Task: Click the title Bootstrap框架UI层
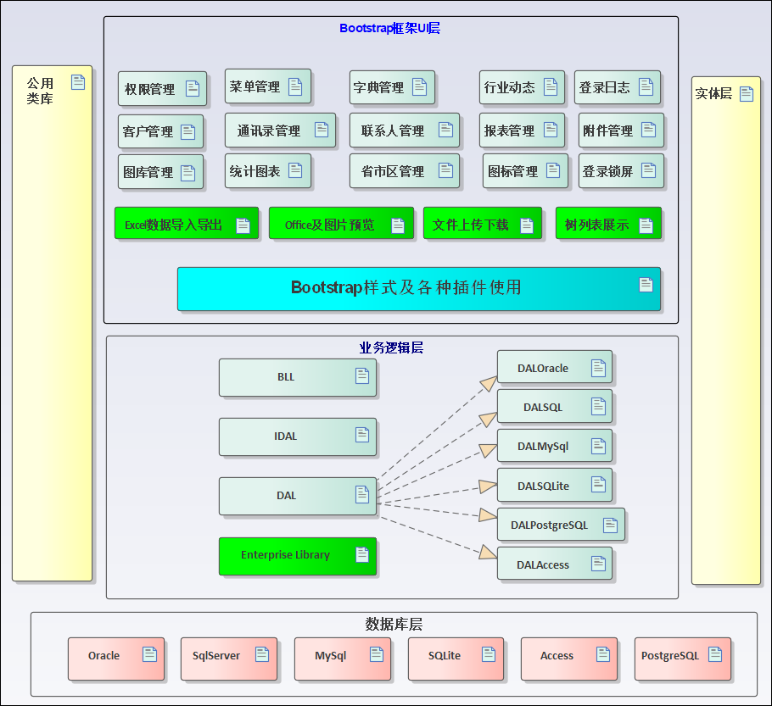[389, 28]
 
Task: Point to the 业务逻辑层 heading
[391, 347]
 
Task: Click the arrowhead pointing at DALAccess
[488, 553]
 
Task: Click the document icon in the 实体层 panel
[747, 93]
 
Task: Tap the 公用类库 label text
[40, 91]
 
